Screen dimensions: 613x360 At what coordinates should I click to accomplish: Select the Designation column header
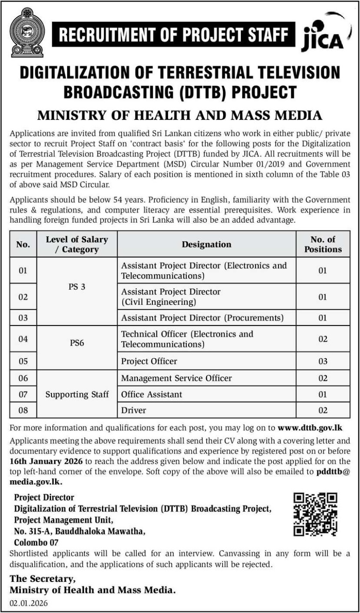tap(207, 244)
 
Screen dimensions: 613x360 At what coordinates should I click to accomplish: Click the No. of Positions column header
tap(323, 244)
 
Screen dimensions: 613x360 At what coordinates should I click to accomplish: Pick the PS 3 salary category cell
tap(77, 287)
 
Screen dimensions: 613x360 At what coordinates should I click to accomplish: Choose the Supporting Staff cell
tap(77, 394)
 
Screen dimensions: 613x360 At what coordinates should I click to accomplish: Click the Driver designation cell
tap(133, 410)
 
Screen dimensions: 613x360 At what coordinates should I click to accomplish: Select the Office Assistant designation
tap(152, 394)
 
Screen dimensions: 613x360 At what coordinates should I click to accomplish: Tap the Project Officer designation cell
tap(149, 361)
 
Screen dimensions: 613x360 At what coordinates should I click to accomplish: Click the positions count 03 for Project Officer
tap(323, 361)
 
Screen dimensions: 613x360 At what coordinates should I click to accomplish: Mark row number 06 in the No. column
tap(23, 378)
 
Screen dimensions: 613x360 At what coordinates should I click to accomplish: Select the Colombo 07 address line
tap(36, 542)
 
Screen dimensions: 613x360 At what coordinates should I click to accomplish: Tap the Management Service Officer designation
tap(176, 378)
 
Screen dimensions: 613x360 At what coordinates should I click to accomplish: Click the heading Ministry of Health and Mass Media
tap(180, 115)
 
